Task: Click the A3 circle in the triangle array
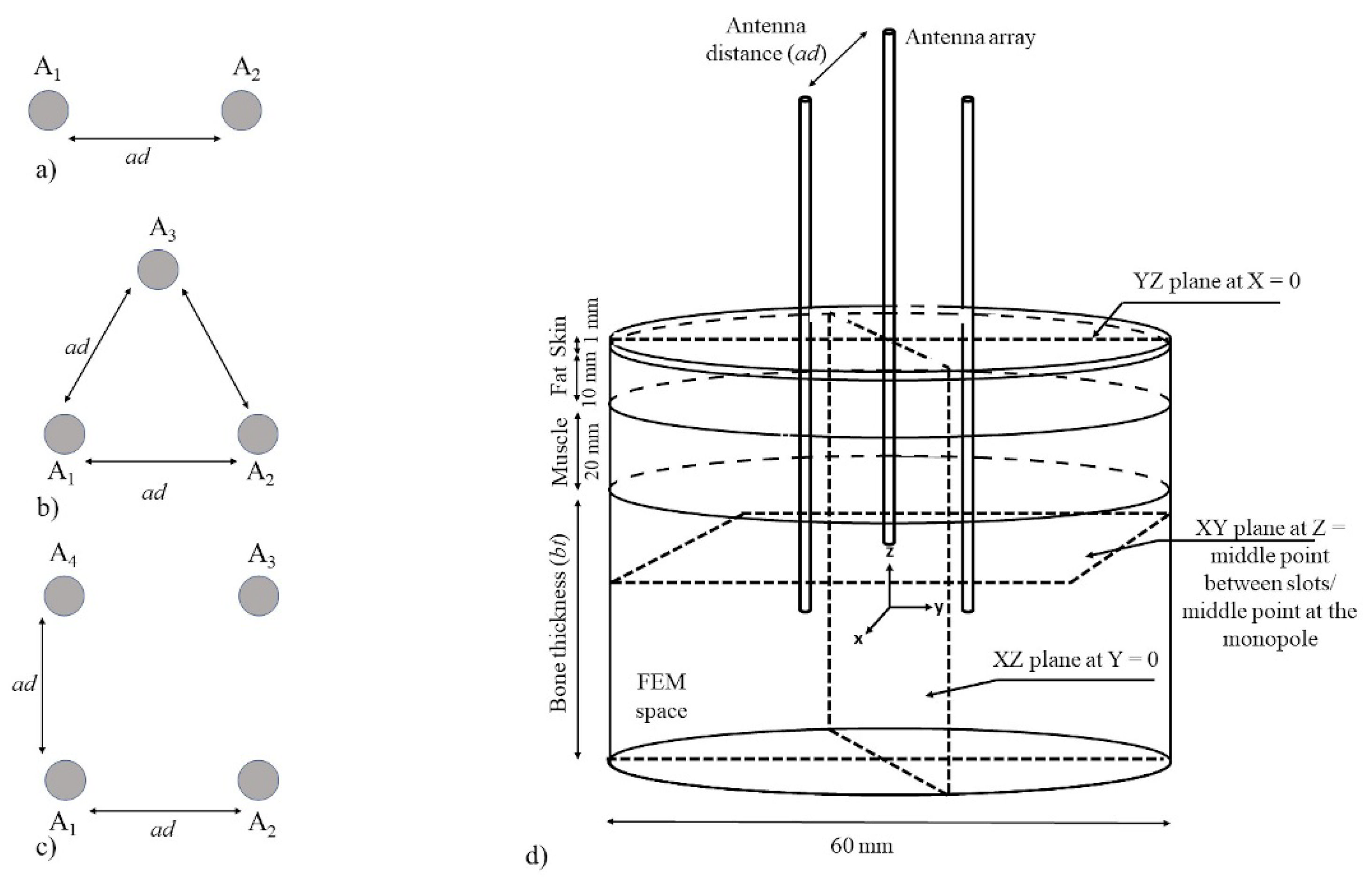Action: (158, 269)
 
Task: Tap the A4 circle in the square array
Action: (64, 595)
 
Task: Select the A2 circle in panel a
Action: (242, 110)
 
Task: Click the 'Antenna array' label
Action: (970, 38)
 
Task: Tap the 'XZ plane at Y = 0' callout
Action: (1076, 660)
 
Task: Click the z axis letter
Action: (889, 551)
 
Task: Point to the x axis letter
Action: (858, 639)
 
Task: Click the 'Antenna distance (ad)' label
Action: (766, 40)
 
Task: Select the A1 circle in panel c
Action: (65, 780)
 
